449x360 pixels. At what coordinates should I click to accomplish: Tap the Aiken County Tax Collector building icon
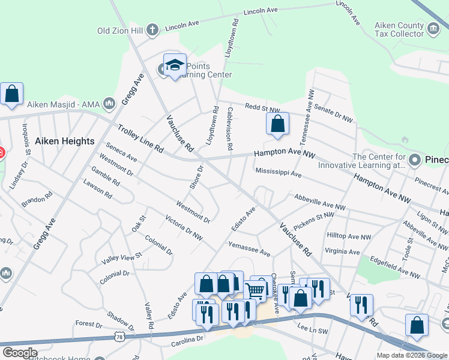click(x=432, y=27)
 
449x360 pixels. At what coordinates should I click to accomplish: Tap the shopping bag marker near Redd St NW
click(x=277, y=125)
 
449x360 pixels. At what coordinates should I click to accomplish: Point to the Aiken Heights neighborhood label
click(x=65, y=141)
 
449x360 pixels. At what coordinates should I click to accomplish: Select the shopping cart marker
click(x=256, y=291)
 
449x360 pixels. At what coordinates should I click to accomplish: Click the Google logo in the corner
click(x=20, y=353)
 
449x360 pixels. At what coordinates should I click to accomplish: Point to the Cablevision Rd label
click(x=229, y=129)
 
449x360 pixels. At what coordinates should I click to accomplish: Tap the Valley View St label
click(x=122, y=257)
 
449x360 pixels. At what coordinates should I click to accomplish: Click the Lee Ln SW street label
click(x=312, y=328)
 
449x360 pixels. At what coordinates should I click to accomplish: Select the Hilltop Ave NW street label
click(x=349, y=236)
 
